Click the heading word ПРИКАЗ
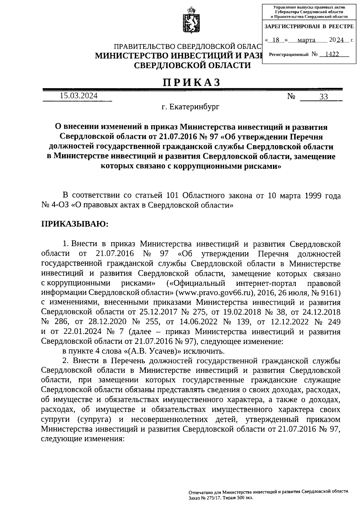(x=192, y=82)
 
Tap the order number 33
(x=324, y=97)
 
